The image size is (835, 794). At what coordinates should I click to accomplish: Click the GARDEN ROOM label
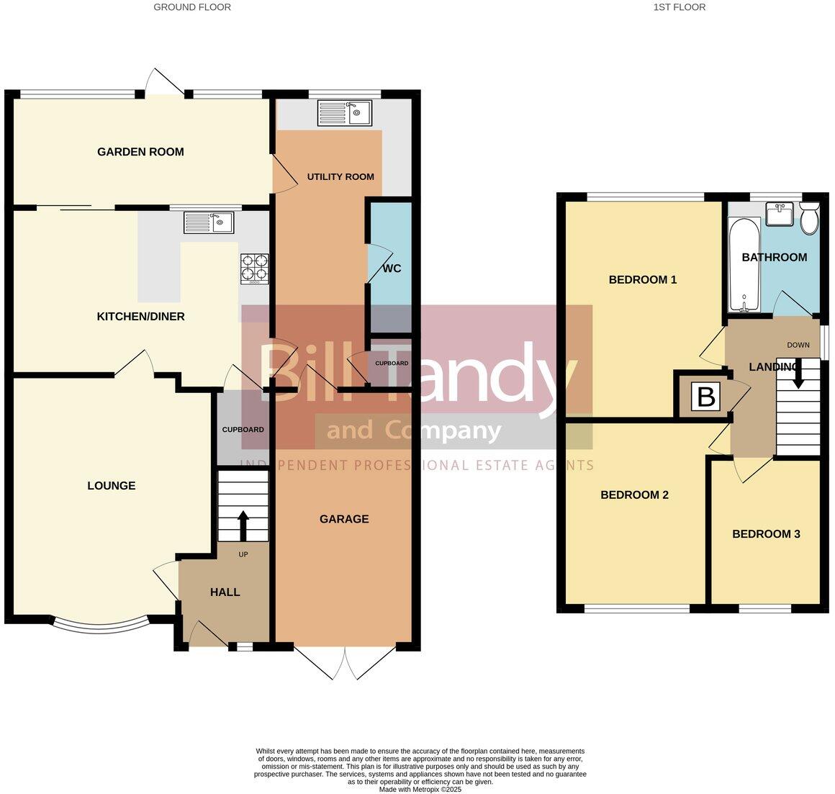(x=140, y=152)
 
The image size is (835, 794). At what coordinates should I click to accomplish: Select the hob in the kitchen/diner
(x=253, y=267)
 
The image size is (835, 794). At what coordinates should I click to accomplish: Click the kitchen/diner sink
(x=209, y=222)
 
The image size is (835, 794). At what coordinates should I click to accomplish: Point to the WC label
(x=392, y=269)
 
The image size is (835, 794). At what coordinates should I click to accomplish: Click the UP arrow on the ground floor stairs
(x=243, y=525)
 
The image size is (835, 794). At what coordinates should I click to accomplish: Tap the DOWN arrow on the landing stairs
(x=798, y=374)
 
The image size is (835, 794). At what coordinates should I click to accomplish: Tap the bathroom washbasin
(x=780, y=215)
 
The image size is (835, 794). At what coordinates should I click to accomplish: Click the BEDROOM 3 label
(x=766, y=534)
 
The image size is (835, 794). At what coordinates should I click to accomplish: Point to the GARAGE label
(x=344, y=519)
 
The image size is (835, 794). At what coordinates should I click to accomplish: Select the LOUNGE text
(x=112, y=486)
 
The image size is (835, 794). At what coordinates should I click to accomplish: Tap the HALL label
(x=225, y=592)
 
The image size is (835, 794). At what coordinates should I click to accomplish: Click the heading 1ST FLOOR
(x=679, y=7)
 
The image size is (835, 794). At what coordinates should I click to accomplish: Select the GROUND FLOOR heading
(x=192, y=7)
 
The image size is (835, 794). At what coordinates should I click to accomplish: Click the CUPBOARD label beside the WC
(x=392, y=364)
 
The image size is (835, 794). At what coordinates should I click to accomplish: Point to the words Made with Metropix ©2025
(x=420, y=789)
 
